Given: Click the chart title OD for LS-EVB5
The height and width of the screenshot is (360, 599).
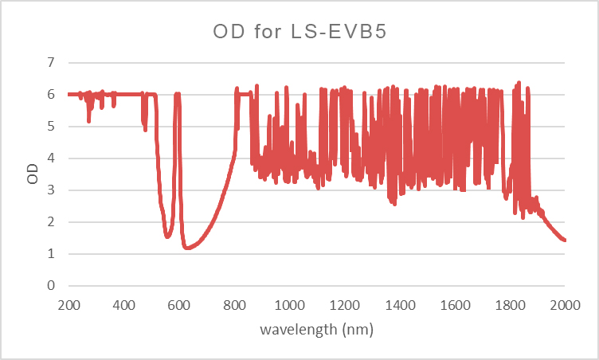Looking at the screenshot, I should [299, 32].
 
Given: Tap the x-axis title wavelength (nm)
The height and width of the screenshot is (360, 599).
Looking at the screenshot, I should [317, 327].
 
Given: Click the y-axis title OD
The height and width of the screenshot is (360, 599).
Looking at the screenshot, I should [33, 174].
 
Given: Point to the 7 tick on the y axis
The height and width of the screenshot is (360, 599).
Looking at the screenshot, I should [52, 62].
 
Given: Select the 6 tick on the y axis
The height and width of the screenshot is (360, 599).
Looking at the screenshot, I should [52, 94].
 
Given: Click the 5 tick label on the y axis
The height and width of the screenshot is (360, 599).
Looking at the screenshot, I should [52, 126].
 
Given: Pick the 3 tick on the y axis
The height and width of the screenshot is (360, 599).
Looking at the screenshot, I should [52, 190].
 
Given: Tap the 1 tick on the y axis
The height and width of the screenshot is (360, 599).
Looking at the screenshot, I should [52, 254].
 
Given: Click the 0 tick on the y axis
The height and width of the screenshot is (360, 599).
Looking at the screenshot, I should [52, 286].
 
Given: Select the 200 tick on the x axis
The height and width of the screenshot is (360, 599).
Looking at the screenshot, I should [69, 304].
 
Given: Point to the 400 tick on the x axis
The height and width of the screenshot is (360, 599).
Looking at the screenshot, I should [123, 304].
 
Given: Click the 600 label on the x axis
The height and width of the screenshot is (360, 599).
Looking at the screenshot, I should [179, 304].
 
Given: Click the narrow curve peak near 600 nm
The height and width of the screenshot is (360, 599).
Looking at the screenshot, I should [178, 94].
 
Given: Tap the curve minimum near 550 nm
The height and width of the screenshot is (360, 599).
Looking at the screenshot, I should [167, 237].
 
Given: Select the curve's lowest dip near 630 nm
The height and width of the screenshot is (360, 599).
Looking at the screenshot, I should [187, 248].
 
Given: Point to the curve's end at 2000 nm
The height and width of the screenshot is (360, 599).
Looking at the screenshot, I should [565, 240].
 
